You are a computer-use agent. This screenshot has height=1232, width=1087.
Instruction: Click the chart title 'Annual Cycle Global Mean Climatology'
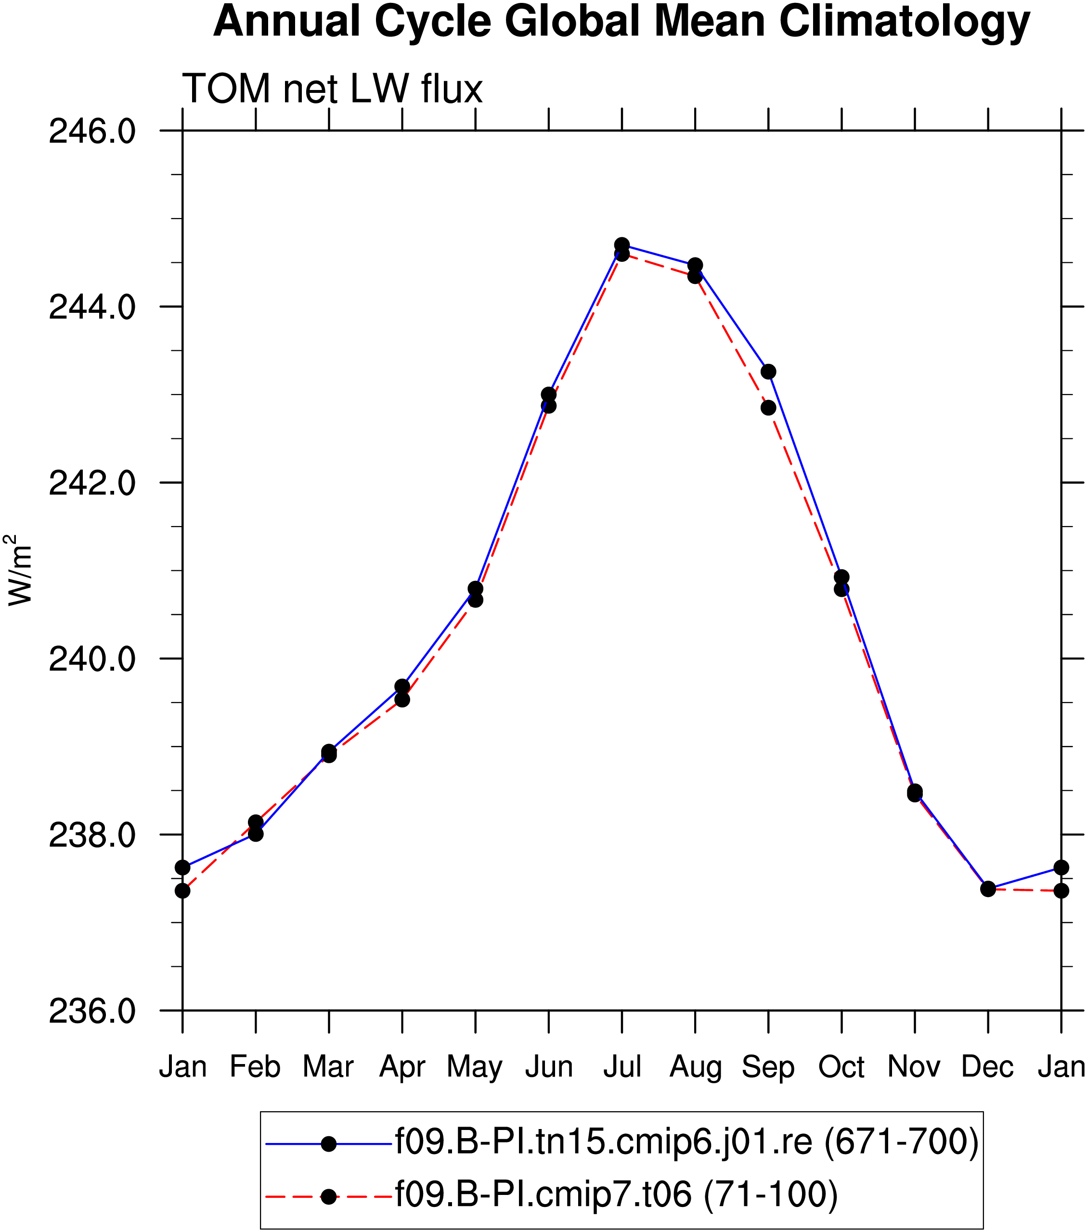[x=621, y=22]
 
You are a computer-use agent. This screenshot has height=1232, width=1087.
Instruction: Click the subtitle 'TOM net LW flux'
[x=332, y=89]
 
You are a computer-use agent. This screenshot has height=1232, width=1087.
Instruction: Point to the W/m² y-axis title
[x=19, y=570]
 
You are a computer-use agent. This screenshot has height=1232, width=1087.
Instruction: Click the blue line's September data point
[x=768, y=372]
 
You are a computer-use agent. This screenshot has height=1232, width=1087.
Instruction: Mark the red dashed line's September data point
[x=768, y=408]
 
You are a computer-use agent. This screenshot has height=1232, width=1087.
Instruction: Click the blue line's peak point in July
[x=622, y=244]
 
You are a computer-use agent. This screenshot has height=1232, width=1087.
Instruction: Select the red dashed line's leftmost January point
[x=182, y=890]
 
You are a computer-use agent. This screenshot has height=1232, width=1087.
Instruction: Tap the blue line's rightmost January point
[x=1061, y=867]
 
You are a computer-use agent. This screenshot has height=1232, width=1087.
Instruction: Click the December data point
[x=987, y=888]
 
